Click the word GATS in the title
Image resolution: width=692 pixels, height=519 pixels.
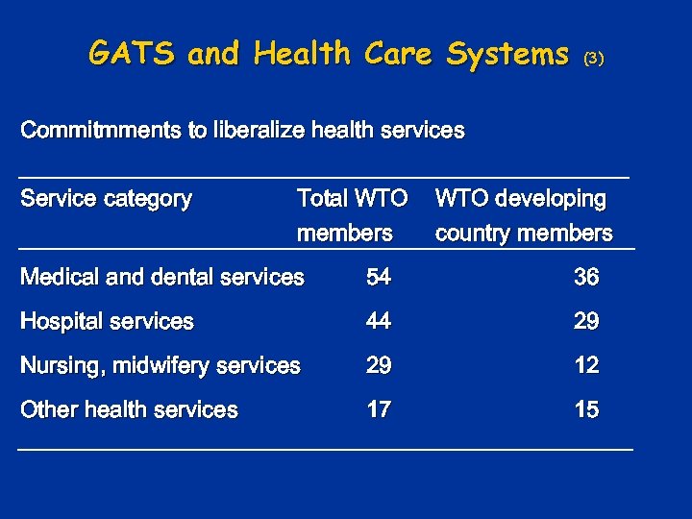133,54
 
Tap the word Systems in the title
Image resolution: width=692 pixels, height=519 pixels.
507,55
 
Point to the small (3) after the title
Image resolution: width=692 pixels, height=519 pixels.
594,59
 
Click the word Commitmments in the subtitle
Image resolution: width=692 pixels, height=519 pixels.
101,130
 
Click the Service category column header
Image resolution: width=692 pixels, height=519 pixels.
106,199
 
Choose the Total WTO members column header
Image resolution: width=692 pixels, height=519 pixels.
352,215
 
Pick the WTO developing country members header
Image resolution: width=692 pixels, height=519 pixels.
523,215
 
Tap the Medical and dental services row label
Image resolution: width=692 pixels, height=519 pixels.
162,277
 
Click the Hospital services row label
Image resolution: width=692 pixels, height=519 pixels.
107,321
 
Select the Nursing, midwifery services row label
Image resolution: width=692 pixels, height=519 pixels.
161,365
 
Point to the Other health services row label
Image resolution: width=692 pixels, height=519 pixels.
129,409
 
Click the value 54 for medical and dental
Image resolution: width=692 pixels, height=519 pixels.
379,277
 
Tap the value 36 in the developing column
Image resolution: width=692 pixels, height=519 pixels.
586,277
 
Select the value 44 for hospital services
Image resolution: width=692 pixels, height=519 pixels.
379,321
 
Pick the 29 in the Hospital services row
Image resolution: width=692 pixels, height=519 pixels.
586,321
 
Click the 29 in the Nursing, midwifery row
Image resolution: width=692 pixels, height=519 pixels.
379,365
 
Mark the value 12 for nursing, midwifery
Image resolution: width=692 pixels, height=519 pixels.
586,365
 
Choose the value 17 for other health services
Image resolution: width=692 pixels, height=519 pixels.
379,409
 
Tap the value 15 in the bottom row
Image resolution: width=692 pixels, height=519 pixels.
586,409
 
